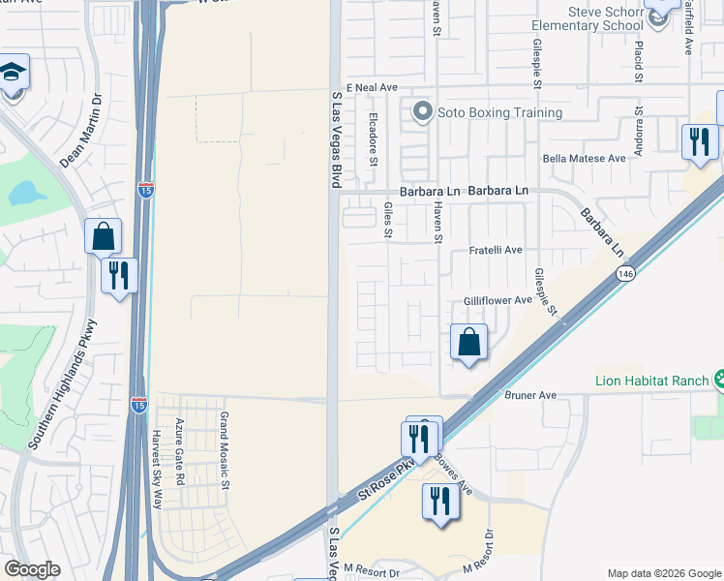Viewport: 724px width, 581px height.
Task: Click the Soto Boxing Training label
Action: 499,113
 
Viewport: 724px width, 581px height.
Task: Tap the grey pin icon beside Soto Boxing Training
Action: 422,112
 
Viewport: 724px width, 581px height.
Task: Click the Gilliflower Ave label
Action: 498,301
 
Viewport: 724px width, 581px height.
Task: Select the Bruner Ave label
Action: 530,395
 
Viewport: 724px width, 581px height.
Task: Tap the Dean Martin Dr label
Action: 81,131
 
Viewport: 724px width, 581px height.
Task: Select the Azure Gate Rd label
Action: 179,452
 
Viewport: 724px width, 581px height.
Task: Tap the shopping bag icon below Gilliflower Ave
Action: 468,342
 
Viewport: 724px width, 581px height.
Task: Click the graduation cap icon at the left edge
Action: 14,74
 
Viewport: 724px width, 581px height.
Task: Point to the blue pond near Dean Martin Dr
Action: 27,194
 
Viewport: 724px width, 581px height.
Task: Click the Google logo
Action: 33,569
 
